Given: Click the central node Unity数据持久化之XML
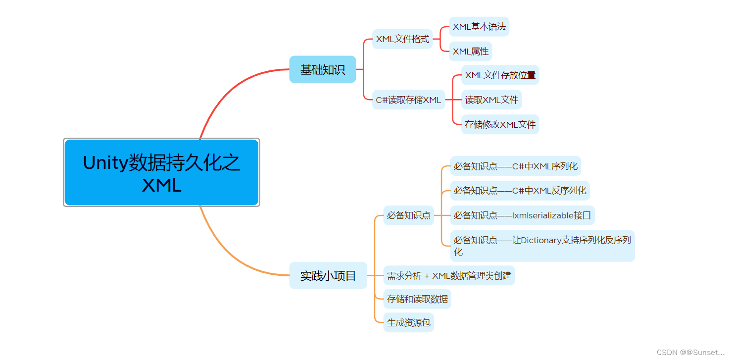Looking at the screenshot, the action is click(161, 172).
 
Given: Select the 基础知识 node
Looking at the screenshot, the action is click(322, 69).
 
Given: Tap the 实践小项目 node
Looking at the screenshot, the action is click(328, 275).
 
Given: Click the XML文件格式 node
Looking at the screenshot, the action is click(402, 39).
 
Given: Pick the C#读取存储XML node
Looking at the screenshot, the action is click(408, 100).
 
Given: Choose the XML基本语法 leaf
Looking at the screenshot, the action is click(479, 27).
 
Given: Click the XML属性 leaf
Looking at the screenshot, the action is click(470, 51).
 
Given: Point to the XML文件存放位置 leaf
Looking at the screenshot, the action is click(500, 75).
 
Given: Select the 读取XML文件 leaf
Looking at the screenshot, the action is click(491, 100).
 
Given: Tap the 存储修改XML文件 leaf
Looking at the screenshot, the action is click(500, 124).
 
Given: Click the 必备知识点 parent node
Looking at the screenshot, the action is click(408, 215).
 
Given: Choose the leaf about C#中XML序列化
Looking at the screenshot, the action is click(515, 166).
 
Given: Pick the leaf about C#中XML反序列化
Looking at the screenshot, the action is click(520, 191).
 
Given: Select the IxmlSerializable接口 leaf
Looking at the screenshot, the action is click(522, 215).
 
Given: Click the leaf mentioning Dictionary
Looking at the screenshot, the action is click(542, 246).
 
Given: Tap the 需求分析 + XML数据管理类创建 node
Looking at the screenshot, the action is click(449, 275).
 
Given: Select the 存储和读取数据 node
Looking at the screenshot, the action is click(417, 299).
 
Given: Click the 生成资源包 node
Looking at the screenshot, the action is click(408, 322).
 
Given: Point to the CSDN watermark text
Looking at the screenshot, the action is click(690, 352).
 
